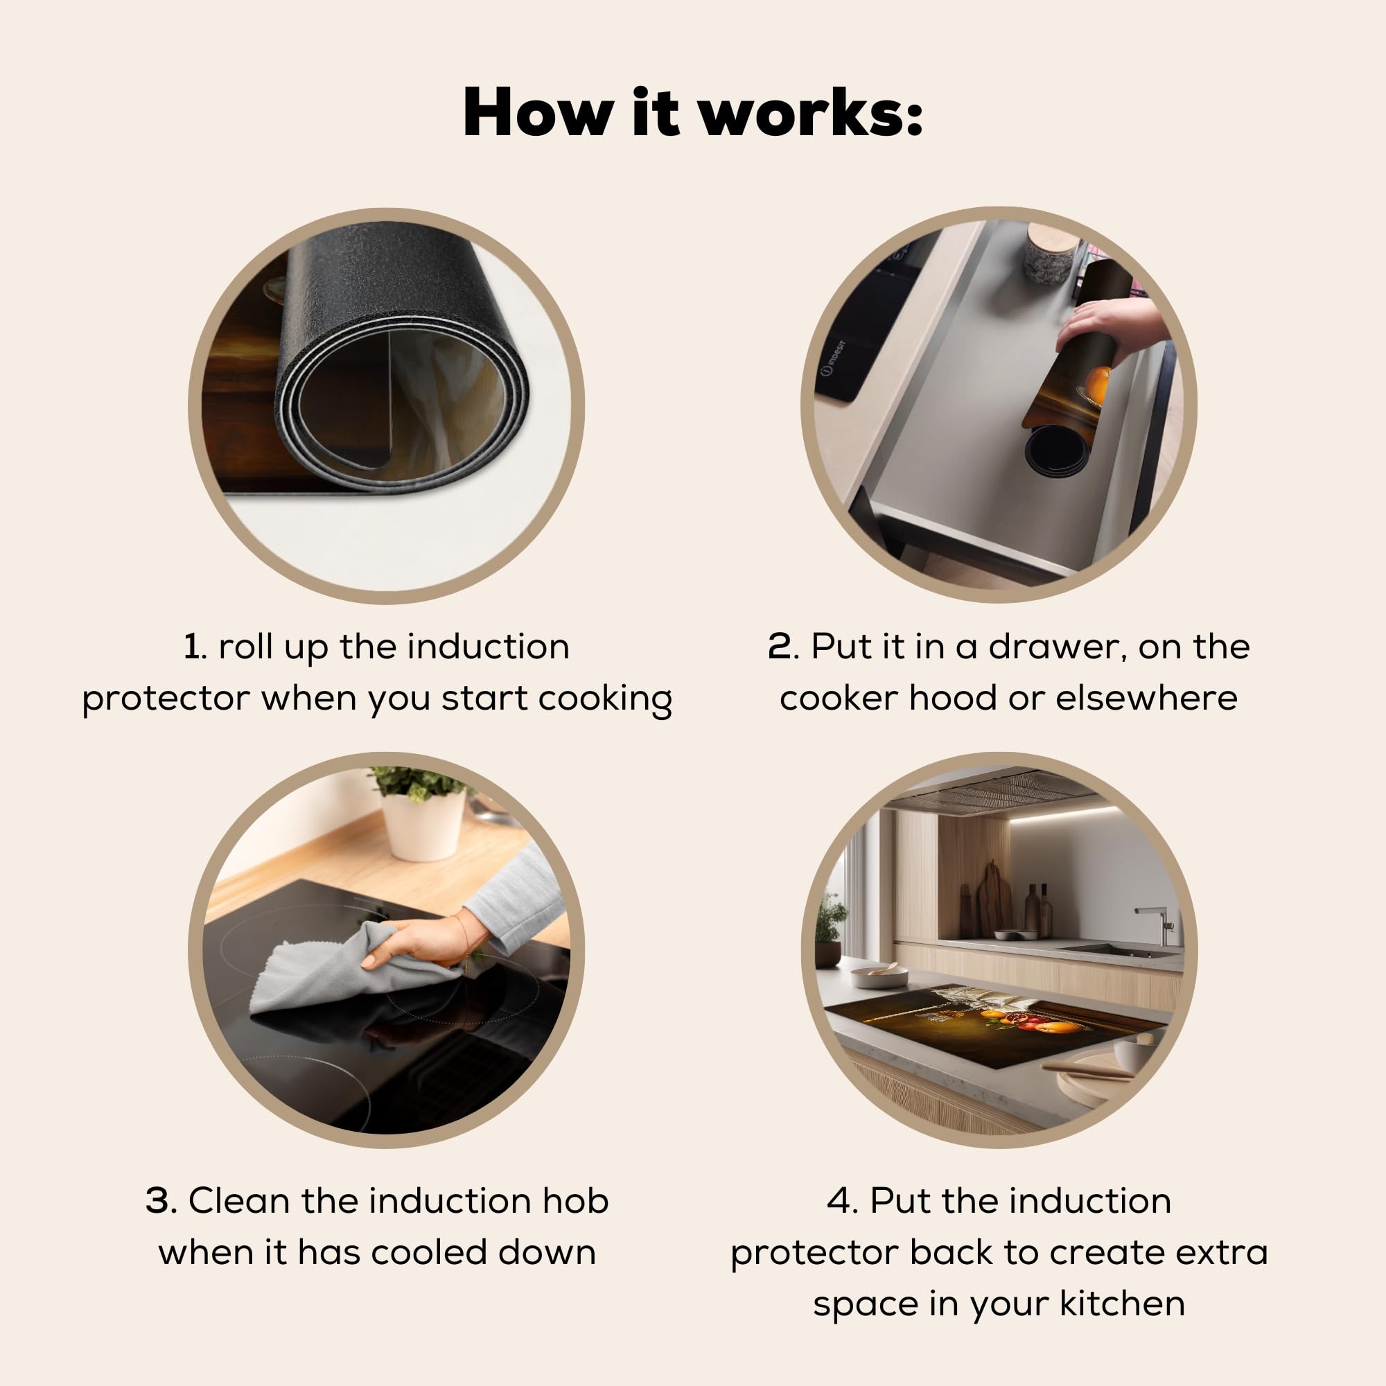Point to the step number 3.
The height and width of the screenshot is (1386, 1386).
tap(161, 1201)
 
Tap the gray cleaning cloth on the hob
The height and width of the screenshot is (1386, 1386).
tap(359, 969)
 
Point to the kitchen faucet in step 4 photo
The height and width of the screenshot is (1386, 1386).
tap(1157, 924)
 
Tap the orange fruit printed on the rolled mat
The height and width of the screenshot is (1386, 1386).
tap(1097, 384)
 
